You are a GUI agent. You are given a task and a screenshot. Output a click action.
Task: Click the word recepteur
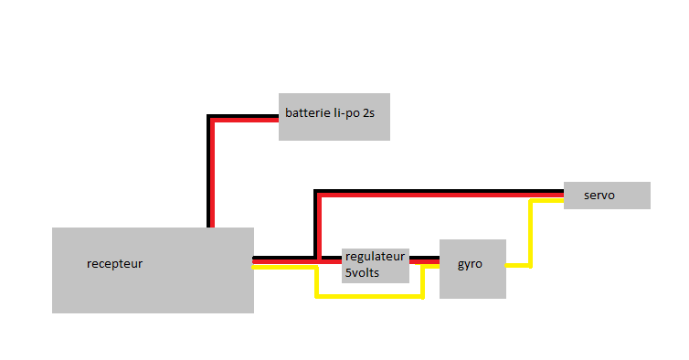(115, 264)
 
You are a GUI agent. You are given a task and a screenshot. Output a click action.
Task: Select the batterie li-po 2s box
(334, 117)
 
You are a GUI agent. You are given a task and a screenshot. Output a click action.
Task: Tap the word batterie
(308, 113)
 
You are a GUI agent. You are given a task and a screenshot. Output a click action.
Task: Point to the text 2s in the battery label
(368, 113)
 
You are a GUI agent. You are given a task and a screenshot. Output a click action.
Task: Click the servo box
(607, 196)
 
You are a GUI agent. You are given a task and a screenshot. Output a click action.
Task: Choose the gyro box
(472, 269)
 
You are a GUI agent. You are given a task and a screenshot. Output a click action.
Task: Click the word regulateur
(375, 257)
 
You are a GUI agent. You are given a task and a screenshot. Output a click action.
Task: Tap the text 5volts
(362, 273)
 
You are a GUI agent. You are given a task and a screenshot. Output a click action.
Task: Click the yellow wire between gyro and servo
(531, 233)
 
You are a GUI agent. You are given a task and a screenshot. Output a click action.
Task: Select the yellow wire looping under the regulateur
(369, 297)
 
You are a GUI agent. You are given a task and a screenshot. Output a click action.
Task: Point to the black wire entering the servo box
(440, 191)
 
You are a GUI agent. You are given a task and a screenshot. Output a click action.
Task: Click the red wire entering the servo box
(441, 196)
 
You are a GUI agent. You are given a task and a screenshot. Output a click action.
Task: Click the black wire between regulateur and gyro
(425, 258)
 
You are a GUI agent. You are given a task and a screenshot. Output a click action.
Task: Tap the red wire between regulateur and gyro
(425, 262)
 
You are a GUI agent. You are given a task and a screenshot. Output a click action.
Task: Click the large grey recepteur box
(153, 270)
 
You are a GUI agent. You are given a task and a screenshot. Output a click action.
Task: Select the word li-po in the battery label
(346, 113)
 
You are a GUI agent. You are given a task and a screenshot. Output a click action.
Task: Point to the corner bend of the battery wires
(210, 118)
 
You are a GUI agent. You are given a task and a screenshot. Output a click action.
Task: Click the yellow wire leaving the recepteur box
(284, 267)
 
